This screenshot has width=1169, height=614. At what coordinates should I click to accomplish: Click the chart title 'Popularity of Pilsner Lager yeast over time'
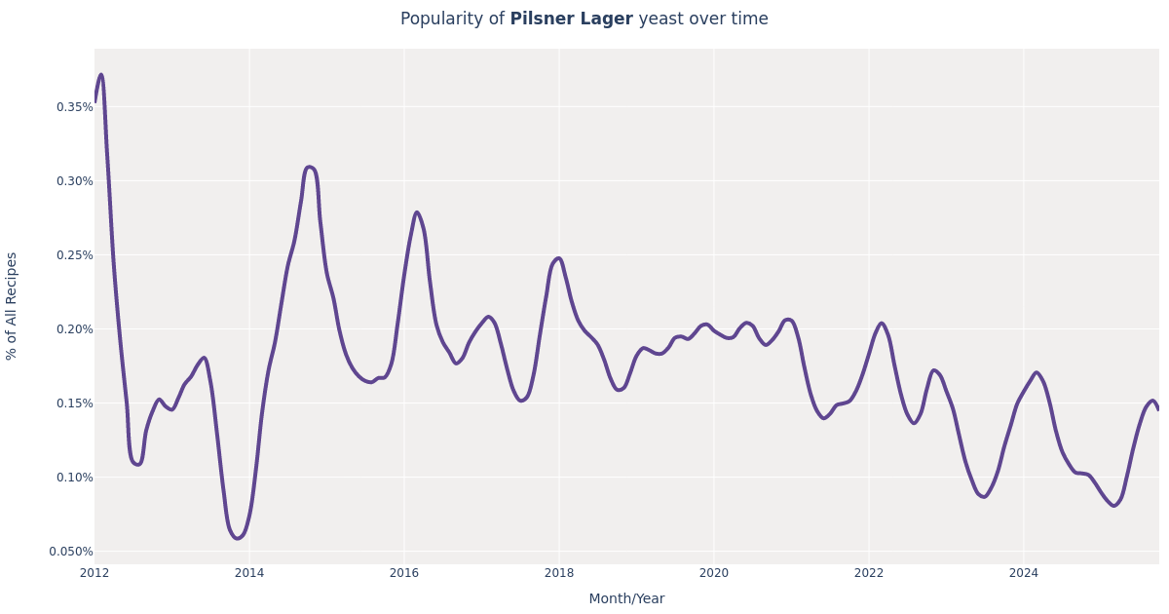coord(584,19)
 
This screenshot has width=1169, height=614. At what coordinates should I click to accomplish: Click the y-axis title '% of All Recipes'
coord(13,306)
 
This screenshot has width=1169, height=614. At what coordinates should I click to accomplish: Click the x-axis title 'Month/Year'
coord(626,598)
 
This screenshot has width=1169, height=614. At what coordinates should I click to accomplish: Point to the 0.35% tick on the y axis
coord(74,107)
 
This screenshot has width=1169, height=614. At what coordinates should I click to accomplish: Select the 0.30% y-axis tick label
coord(74,181)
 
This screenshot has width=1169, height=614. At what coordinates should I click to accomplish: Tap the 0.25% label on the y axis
coord(74,255)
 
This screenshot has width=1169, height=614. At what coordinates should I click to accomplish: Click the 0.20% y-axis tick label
coord(74,329)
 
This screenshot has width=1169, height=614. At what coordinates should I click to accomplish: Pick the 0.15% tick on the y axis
coord(74,403)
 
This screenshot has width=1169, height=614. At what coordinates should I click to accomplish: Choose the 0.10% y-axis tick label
coord(74,478)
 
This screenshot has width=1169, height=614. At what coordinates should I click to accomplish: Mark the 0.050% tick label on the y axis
coord(71,552)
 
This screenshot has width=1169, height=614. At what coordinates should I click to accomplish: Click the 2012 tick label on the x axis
coord(94,573)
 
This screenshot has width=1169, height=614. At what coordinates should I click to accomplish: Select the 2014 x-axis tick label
coord(249,573)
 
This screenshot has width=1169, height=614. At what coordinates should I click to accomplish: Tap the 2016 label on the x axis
coord(404,573)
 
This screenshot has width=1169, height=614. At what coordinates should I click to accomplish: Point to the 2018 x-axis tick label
coord(559,573)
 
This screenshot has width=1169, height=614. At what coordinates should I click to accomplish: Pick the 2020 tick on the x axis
coord(714,573)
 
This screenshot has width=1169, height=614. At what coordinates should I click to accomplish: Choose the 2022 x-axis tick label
coord(869,573)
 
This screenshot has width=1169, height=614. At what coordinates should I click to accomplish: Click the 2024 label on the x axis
coord(1024,573)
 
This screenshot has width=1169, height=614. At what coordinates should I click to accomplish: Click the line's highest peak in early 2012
coord(100,75)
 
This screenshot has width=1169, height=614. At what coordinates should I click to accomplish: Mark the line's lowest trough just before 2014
coord(238,538)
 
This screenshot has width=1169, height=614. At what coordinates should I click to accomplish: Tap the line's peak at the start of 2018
coord(558,258)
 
